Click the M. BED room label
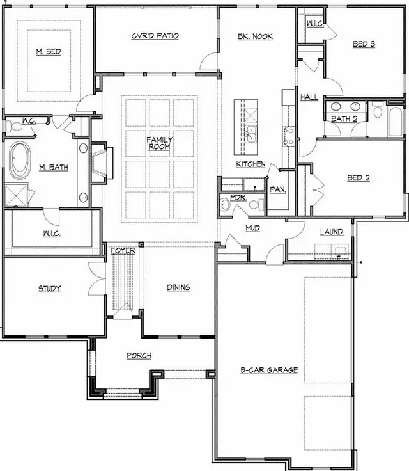click(49, 51)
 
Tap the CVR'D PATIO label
click(155, 36)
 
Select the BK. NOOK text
click(256, 36)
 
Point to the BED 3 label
click(363, 44)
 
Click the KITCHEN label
click(251, 164)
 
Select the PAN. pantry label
click(278, 189)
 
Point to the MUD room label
click(252, 227)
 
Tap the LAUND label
click(331, 231)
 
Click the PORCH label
click(139, 355)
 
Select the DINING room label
click(178, 287)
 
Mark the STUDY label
click(49, 289)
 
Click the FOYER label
click(123, 251)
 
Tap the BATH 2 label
click(343, 118)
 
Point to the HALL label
click(309, 97)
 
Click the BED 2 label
click(358, 177)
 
